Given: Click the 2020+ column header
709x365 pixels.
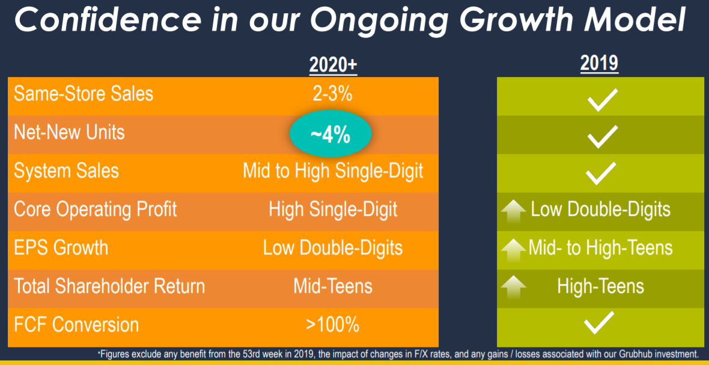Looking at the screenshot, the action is pyautogui.click(x=333, y=65).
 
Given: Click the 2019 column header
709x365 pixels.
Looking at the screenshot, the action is pyautogui.click(x=600, y=64).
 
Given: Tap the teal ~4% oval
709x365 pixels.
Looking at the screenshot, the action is pyautogui.click(x=330, y=135).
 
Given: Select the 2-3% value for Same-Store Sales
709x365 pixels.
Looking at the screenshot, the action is pyautogui.click(x=333, y=94).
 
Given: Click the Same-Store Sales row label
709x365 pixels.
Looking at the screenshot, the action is pyautogui.click(x=84, y=94).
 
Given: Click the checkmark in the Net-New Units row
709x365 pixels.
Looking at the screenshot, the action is pyautogui.click(x=602, y=136).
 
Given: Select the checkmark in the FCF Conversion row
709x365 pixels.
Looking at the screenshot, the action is pyautogui.click(x=598, y=323).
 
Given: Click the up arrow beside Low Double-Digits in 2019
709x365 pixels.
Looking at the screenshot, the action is pyautogui.click(x=514, y=212).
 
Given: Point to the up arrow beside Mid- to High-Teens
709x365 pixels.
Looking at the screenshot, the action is pyautogui.click(x=514, y=250).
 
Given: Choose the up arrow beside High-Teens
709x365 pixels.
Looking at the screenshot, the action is pyautogui.click(x=514, y=288).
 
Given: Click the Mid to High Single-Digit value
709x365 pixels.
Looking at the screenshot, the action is pyautogui.click(x=333, y=171).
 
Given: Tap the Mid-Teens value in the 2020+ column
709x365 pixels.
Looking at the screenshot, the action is pyautogui.click(x=333, y=286).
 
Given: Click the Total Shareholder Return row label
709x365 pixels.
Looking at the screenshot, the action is pyautogui.click(x=109, y=286).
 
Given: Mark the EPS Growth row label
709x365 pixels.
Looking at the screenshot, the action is pyautogui.click(x=61, y=248).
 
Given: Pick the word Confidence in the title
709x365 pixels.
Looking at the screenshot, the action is pyautogui.click(x=113, y=19).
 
